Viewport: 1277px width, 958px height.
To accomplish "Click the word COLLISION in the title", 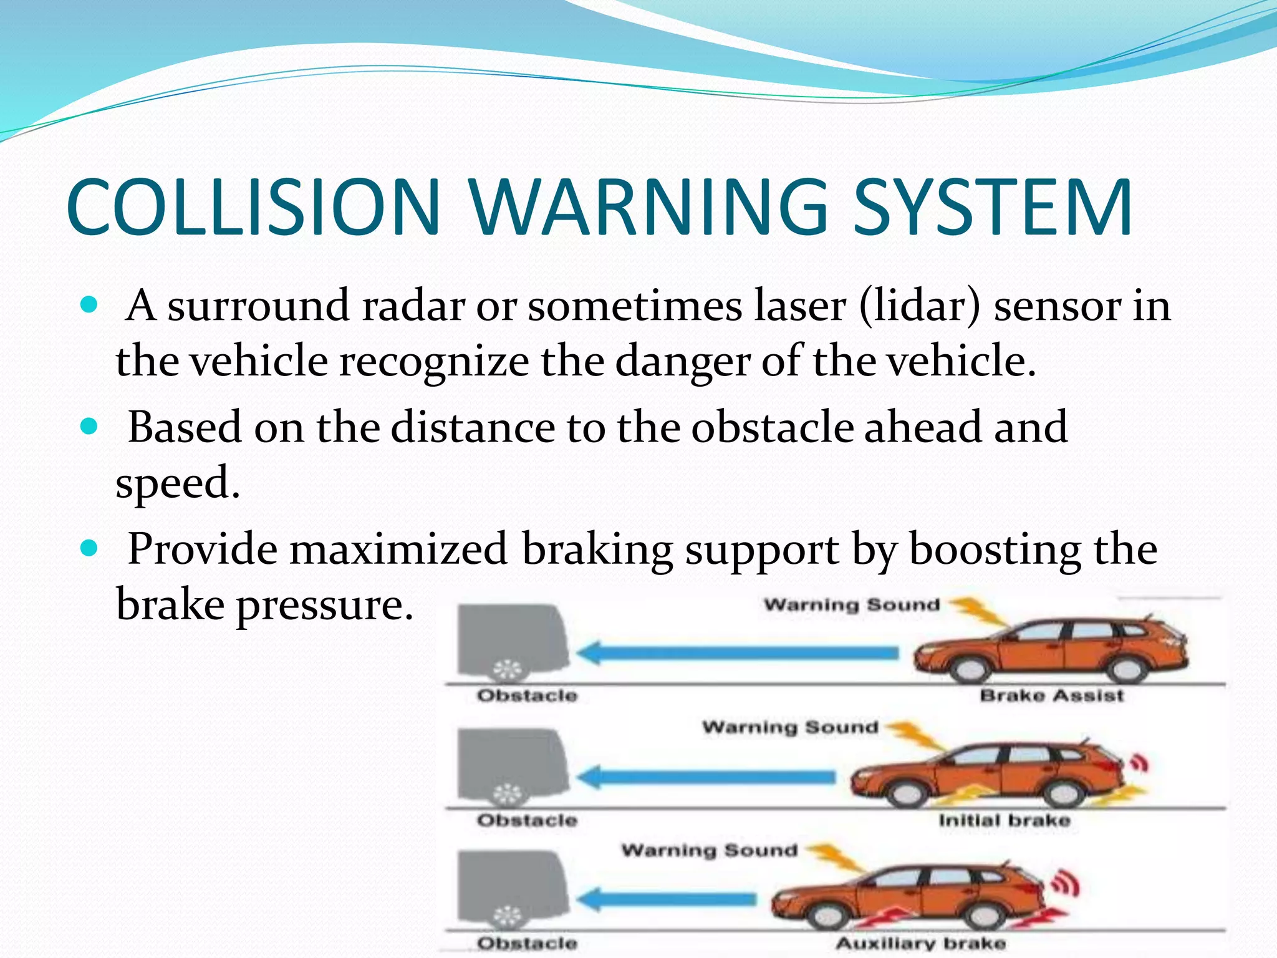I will pyautogui.click(x=254, y=207).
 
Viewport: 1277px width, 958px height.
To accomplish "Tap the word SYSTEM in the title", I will pyautogui.click(x=993, y=207).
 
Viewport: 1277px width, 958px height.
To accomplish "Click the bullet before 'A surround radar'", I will pyautogui.click(x=90, y=305).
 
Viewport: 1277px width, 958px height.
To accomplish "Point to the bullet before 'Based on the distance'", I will pyautogui.click(x=90, y=427).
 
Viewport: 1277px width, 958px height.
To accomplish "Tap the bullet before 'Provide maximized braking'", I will pyautogui.click(x=90, y=548).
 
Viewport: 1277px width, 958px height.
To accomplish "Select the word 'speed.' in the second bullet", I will pyautogui.click(x=178, y=483).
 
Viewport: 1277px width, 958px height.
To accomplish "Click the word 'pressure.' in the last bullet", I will pyautogui.click(x=324, y=605).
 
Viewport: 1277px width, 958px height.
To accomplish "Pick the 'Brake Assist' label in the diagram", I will pyautogui.click(x=1051, y=695).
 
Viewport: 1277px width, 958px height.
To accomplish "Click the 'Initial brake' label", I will pyautogui.click(x=1004, y=820).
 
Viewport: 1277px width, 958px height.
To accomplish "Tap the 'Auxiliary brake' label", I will pyautogui.click(x=920, y=943).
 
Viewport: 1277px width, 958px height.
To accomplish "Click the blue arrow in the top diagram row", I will pyautogui.click(x=736, y=654).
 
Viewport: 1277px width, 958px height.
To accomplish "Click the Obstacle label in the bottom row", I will pyautogui.click(x=527, y=943).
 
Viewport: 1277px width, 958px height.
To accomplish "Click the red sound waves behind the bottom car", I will pyautogui.click(x=1066, y=884).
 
